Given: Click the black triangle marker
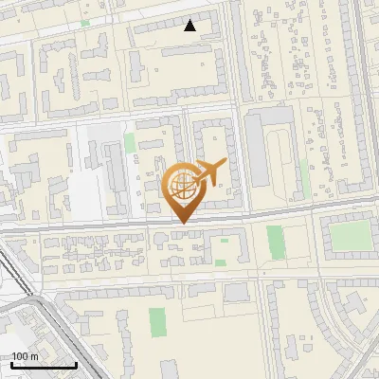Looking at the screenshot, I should coord(190,26).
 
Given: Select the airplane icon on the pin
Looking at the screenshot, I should coord(208,172).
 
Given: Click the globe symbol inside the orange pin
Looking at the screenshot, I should coord(181,187).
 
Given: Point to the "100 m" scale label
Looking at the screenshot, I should coord(25,356).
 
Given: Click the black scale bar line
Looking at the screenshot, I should coord(43,365).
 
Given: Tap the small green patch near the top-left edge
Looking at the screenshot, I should coord(85,23).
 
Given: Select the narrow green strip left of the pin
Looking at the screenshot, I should coord(130,144).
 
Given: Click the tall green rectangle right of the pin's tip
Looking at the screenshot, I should coord(275,242).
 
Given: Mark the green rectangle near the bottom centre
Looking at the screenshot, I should coord(156,321).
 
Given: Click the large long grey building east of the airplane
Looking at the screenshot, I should coord(257,156).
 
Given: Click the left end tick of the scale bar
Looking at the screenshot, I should coord(10,364).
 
